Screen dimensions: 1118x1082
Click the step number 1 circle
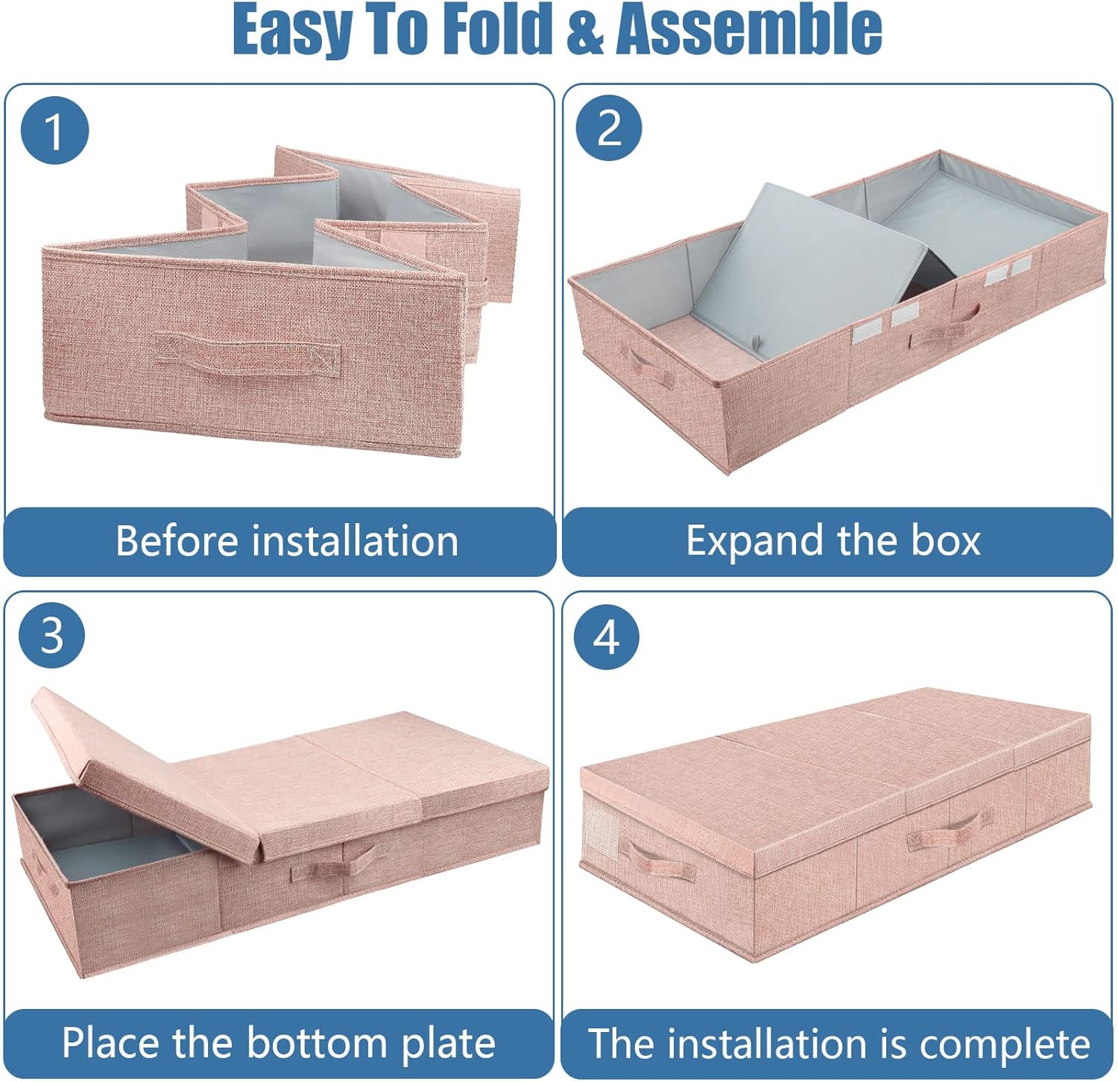(54, 130)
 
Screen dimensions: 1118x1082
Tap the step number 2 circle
(609, 127)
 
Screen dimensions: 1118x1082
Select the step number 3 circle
(52, 636)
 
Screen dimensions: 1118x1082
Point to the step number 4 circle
(607, 637)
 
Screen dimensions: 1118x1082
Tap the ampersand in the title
(586, 31)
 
